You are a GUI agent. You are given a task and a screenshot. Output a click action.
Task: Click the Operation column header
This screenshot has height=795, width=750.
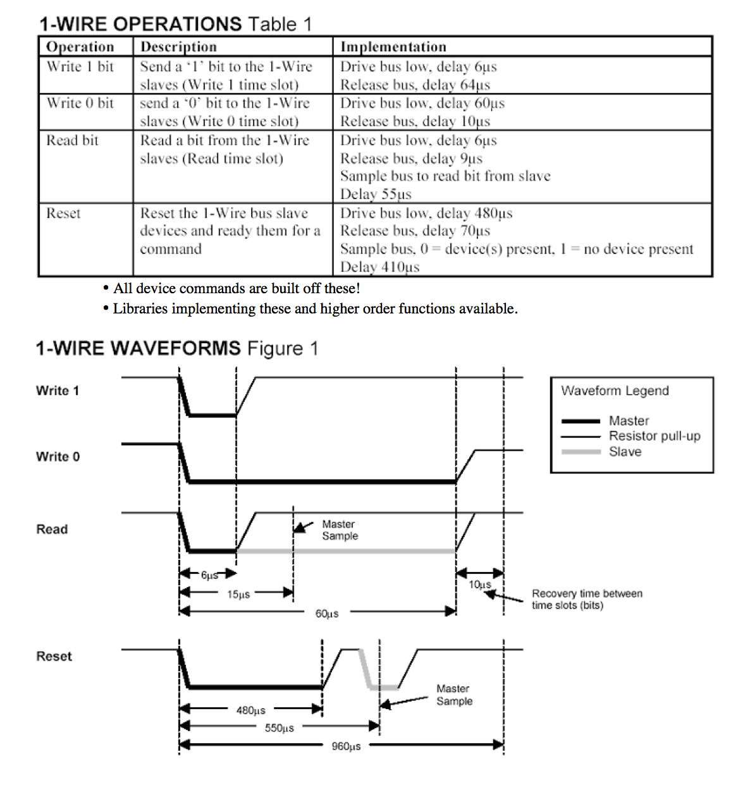pos(80,47)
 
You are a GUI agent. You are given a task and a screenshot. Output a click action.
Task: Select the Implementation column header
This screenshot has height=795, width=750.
pos(393,47)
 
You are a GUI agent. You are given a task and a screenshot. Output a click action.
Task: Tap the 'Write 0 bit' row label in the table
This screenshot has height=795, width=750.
pos(80,103)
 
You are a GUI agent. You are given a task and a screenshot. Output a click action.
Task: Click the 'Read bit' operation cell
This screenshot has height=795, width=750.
pos(73,140)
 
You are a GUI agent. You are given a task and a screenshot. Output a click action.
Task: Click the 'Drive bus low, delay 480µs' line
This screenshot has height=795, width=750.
pos(426,213)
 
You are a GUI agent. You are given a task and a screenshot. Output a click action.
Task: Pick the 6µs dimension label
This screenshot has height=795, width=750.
pos(209,575)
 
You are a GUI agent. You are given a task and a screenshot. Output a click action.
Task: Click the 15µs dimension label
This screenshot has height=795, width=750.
pos(238,594)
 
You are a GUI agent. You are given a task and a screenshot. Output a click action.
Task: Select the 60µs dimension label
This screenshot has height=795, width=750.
pos(327,613)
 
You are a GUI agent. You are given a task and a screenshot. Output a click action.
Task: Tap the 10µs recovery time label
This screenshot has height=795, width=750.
pos(479,585)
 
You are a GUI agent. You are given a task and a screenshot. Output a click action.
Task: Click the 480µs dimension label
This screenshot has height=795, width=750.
pos(250,710)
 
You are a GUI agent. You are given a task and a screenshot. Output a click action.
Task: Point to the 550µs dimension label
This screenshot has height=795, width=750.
pos(279,728)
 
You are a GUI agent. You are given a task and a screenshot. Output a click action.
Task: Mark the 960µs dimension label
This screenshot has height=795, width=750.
pos(346,746)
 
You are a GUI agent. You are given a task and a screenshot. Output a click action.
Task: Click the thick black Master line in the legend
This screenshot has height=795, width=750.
pos(580,421)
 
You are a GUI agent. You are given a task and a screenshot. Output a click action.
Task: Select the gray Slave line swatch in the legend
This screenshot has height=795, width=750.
pos(580,452)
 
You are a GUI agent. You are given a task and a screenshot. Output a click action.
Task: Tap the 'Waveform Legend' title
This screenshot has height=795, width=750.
pos(615,391)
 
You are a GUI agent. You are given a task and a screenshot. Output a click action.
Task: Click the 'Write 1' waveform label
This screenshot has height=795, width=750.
pos(58,391)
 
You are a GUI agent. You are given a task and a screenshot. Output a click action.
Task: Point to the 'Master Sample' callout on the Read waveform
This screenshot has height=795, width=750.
pos(340,530)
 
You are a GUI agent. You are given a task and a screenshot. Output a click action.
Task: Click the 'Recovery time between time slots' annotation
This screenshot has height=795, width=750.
pos(586,599)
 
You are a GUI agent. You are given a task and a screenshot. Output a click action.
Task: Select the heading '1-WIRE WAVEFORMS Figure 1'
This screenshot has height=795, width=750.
pos(177,348)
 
